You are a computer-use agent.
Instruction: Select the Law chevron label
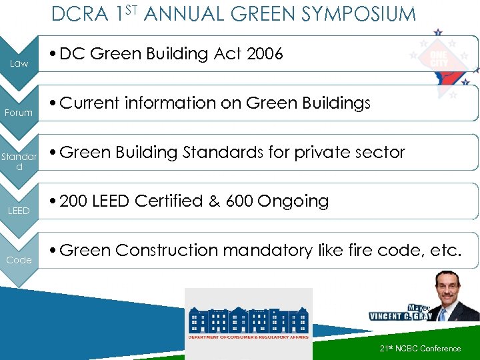coord(19,64)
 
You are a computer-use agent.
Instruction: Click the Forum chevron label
coord(19,113)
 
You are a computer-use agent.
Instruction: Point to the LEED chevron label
coord(19,211)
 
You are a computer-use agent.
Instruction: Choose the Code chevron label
coord(19,260)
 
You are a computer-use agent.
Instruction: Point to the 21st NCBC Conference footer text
coord(420,349)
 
